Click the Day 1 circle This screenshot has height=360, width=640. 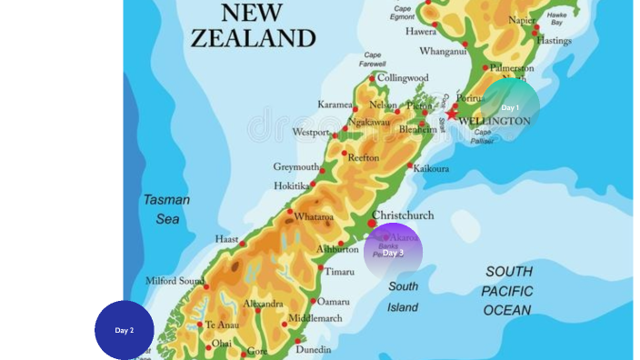tap(510, 107)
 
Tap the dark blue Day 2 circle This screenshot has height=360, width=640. tap(125, 330)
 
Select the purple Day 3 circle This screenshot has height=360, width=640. tap(393, 252)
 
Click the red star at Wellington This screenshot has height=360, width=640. tap(452, 114)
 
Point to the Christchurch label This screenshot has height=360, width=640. tap(403, 215)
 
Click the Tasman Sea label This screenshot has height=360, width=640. tap(166, 209)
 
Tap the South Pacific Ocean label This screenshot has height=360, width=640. tap(508, 291)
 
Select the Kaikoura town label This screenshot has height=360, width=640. tap(431, 168)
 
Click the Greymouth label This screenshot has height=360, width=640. tap(296, 167)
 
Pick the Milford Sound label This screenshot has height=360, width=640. tap(175, 281)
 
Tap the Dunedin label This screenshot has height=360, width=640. tap(314, 349)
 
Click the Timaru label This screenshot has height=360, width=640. tap(340, 272)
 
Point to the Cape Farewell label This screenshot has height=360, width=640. tap(373, 59)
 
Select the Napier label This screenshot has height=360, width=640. tap(522, 20)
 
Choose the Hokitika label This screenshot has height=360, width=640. tap(292, 185)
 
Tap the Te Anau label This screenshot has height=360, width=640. tap(222, 325)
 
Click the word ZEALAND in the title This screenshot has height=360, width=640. tap(253, 38)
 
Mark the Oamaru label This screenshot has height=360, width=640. tap(334, 302)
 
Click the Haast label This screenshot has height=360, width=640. tap(226, 239)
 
